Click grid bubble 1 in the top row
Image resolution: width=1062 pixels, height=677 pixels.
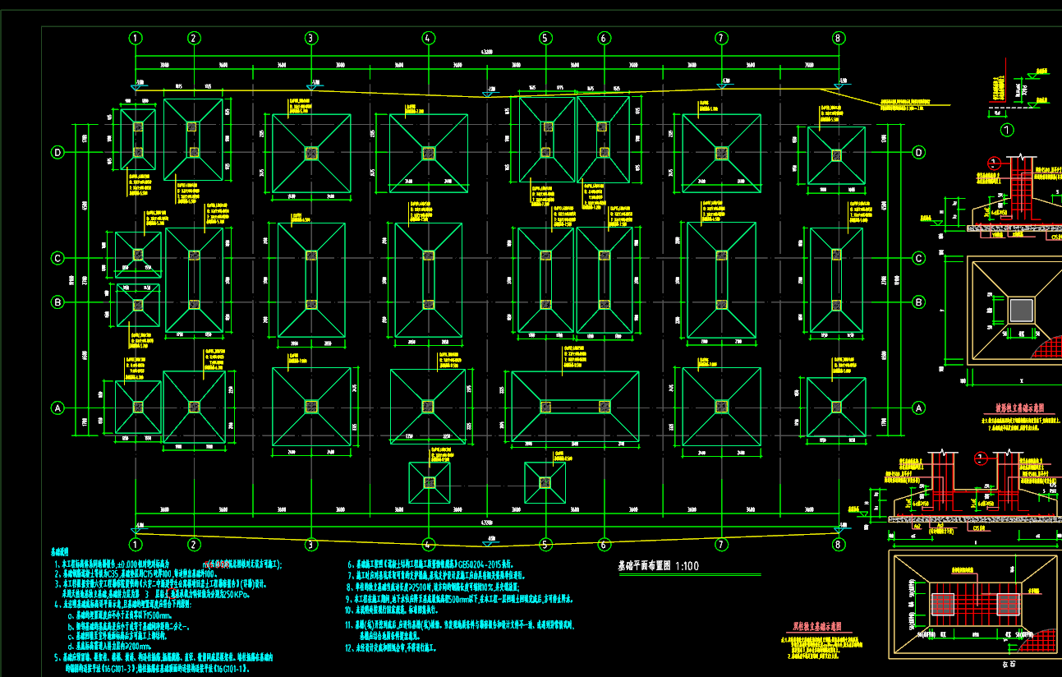tap(136, 38)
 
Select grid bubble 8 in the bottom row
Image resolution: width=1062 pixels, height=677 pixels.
tap(839, 544)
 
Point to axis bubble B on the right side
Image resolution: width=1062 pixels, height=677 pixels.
tap(918, 302)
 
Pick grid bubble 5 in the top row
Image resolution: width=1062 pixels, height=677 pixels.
tap(545, 38)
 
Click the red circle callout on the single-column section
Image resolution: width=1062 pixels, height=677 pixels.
tap(995, 163)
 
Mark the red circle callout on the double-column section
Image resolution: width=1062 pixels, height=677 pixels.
tap(980, 458)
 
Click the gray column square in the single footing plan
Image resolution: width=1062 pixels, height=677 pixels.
tap(1021, 310)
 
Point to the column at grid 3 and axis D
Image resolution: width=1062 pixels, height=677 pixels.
tap(311, 153)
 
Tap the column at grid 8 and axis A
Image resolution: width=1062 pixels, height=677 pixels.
tap(836, 407)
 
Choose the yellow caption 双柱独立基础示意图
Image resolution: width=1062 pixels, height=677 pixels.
tap(808, 627)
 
